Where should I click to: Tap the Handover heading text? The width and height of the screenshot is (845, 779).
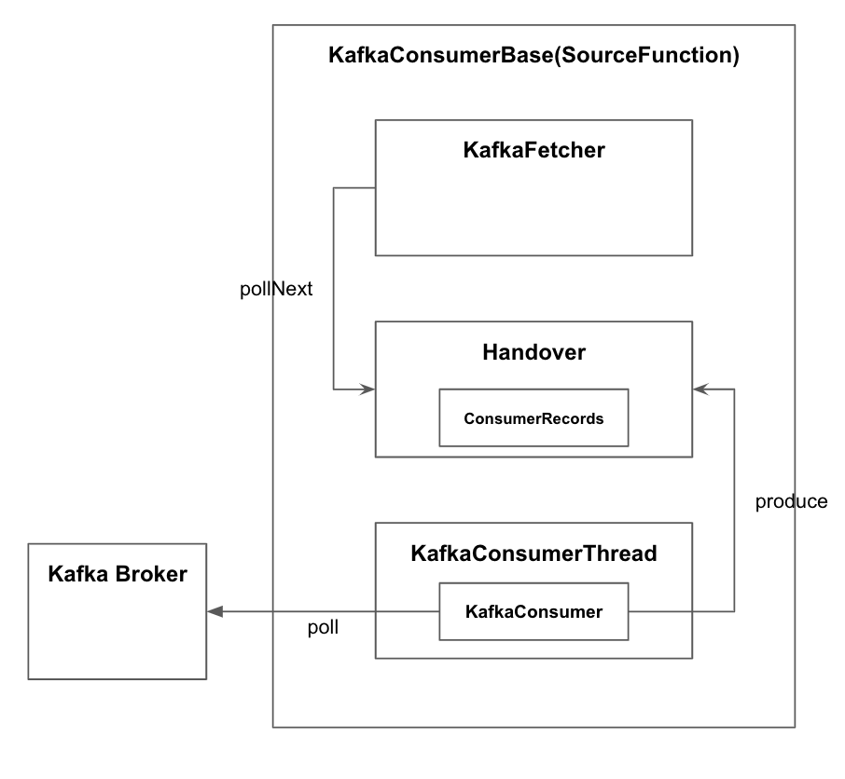pos(533,352)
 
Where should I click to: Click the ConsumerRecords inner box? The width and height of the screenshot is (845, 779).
pos(533,418)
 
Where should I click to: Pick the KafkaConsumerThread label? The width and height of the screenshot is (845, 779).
pos(533,553)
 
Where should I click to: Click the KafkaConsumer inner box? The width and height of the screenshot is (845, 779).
pos(533,611)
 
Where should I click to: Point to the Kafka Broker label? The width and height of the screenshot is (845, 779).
pos(118,573)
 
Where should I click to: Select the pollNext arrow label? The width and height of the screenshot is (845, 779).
pos(277,290)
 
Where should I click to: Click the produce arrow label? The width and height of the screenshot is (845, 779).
pos(791,502)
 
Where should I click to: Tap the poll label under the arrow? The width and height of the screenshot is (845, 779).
pos(323,628)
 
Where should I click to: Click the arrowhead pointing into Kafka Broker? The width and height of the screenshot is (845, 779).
pos(215,612)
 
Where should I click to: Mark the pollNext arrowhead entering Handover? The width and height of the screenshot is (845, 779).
pos(368,389)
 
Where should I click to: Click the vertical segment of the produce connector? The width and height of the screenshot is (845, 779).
pos(735,503)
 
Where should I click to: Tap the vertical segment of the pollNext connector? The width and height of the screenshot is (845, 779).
pos(334,289)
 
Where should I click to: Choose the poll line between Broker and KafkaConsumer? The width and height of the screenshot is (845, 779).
pos(326,612)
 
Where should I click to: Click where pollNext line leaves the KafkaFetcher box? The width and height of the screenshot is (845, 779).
pos(375,187)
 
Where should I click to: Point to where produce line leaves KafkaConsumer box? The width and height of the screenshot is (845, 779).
pos(629,612)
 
